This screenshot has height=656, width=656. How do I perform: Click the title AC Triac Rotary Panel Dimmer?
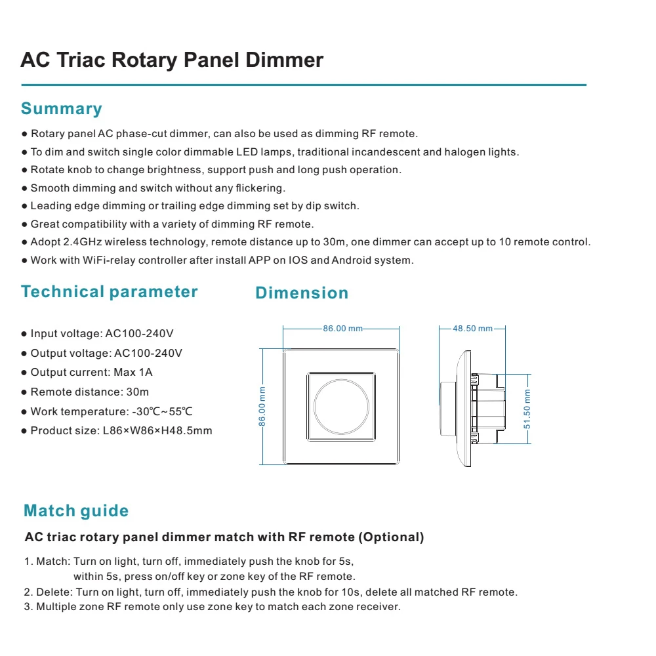[x=172, y=60]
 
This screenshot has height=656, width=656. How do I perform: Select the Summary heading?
[x=62, y=109]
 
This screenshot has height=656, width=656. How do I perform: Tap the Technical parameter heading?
[x=109, y=292]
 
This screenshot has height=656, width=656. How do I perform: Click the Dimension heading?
[x=302, y=293]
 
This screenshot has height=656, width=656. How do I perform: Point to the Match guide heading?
[x=76, y=511]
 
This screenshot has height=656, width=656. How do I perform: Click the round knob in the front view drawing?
[x=341, y=407]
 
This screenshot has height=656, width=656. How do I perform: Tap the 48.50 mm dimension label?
[x=472, y=329]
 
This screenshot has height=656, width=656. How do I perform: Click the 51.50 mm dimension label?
[x=527, y=409]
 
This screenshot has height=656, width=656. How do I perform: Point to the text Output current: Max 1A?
[x=91, y=373]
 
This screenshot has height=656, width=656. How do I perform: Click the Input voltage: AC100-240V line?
[x=102, y=334]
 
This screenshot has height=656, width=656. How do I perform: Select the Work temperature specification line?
[x=111, y=412]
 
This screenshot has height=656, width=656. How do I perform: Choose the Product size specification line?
[x=121, y=431]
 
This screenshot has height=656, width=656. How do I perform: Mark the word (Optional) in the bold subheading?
[x=391, y=537]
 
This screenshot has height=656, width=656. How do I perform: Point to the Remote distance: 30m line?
[x=89, y=392]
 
